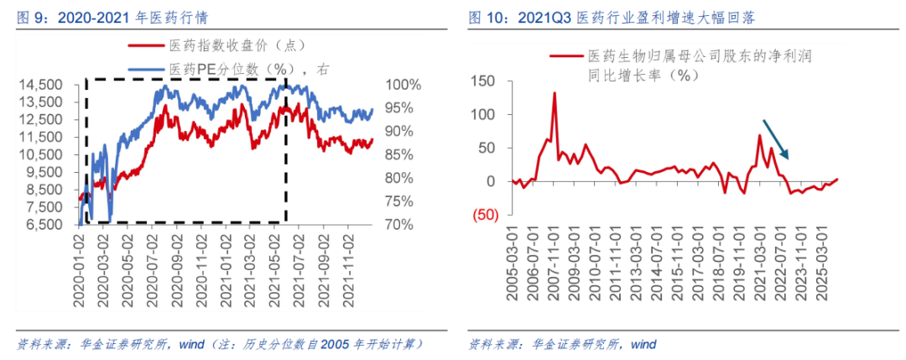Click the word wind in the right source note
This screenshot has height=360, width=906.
[x=643, y=345]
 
